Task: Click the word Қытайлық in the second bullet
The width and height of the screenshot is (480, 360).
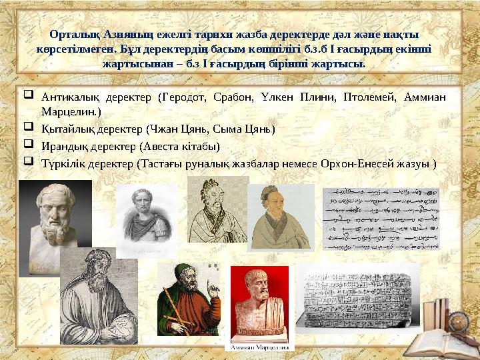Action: point(63,129)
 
